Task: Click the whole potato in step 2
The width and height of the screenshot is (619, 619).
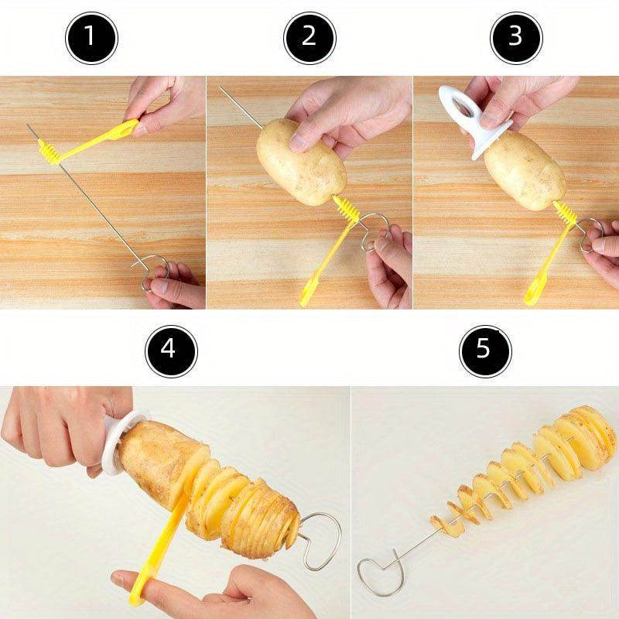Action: click(x=302, y=162)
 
